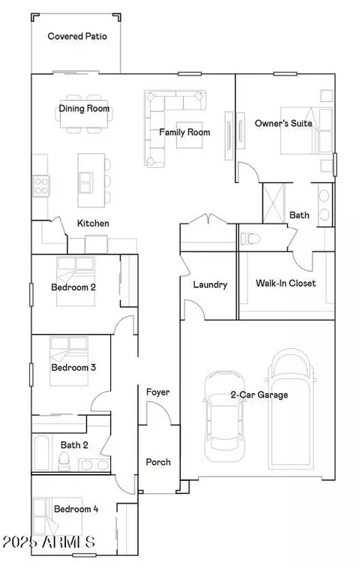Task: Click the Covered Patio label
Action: tap(77, 36)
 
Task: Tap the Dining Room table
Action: tap(84, 114)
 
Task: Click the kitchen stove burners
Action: tap(41, 186)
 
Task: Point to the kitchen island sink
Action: tap(85, 182)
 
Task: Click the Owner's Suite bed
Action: tap(307, 131)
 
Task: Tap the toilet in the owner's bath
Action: tap(250, 239)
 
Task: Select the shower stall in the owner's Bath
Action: tap(274, 203)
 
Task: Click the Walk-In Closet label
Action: tap(286, 283)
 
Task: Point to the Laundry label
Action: tap(210, 284)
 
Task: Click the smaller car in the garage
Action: tap(224, 416)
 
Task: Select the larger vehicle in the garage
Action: tap(291, 407)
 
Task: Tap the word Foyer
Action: tap(158, 392)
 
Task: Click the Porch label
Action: tap(158, 462)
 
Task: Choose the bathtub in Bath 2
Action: tap(41, 452)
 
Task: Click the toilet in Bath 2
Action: tap(64, 462)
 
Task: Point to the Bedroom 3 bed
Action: tap(69, 361)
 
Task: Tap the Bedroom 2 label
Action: tap(73, 287)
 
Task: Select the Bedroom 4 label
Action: tap(76, 509)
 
